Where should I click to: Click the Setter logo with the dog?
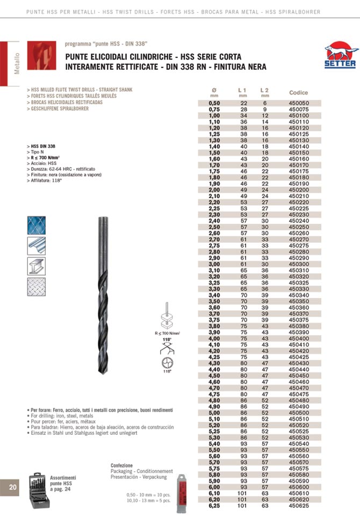click(x=340, y=56)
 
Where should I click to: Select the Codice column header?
click(x=299, y=92)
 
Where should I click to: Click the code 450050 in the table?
click(x=299, y=103)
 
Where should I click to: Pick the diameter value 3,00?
click(x=214, y=264)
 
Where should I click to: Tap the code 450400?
click(x=299, y=339)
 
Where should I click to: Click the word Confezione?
click(x=121, y=465)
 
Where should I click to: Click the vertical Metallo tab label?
click(x=17, y=63)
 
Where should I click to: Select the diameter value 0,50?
click(x=214, y=103)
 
